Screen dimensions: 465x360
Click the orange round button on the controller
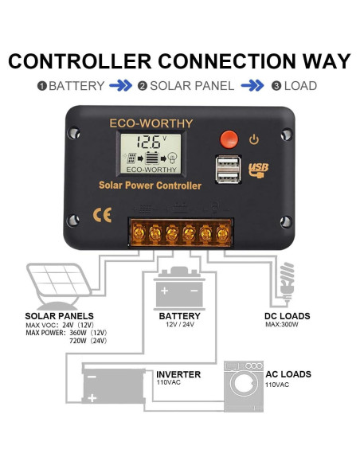coord(229,139)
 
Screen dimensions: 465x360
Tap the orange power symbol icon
coord(254,139)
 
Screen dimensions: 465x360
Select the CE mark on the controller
coord(103,215)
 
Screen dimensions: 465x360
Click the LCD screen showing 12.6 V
coord(149,154)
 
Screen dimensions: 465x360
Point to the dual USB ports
coord(228,170)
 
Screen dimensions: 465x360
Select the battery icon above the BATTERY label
coord(180,288)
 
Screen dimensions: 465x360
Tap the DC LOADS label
coord(288,316)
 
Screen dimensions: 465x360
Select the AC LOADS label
coord(288,373)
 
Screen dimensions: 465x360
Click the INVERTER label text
coord(178,373)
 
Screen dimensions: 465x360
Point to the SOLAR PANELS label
coord(60,316)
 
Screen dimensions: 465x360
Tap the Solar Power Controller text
coord(150,186)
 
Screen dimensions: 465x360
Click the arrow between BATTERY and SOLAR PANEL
coord(120,86)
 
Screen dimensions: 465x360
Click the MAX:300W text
coord(283,326)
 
